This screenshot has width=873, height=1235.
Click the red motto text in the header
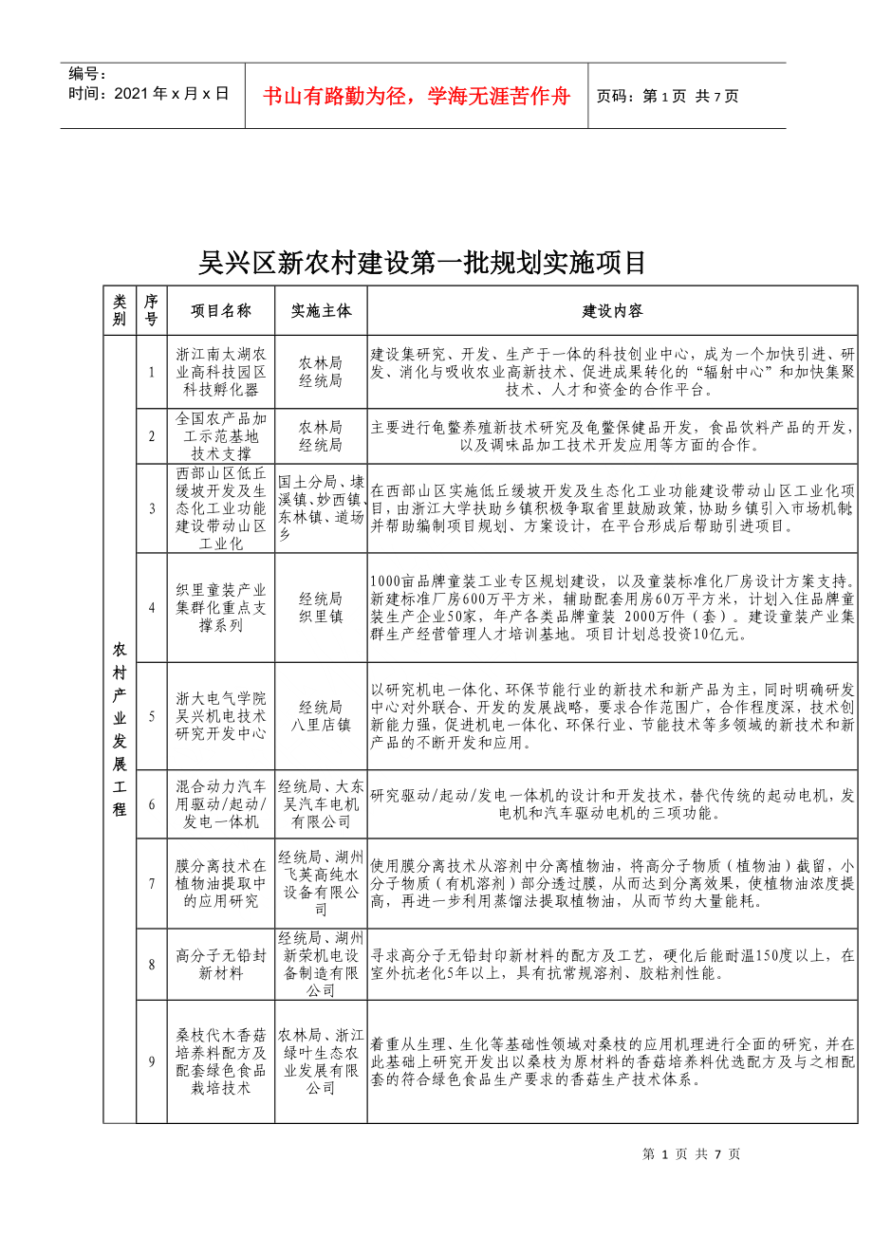[x=416, y=96]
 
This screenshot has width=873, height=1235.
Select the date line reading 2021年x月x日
[x=149, y=94]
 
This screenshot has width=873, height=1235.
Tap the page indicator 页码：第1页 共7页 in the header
[x=667, y=96]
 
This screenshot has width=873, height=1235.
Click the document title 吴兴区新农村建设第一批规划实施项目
[x=422, y=263]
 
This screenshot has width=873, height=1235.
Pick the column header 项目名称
[x=220, y=311]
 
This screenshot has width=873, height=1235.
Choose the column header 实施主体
[x=321, y=311]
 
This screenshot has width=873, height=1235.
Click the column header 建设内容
[x=612, y=311]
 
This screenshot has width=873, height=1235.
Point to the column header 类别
[x=120, y=311]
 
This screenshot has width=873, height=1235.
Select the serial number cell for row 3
[x=152, y=508]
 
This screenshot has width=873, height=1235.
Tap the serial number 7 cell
[x=152, y=883]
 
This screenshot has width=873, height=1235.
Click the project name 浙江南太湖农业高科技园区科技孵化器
[x=220, y=372]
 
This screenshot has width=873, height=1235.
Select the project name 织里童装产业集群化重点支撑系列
[x=220, y=607]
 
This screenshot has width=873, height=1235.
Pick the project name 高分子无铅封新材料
[x=220, y=964]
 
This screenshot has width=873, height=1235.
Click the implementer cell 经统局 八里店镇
[x=321, y=715]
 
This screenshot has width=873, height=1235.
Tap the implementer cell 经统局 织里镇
[x=321, y=607]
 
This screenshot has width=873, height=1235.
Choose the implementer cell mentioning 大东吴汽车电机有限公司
[x=321, y=803]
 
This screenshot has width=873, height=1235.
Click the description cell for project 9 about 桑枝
[x=612, y=1061]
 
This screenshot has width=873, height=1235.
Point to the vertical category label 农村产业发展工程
[x=120, y=728]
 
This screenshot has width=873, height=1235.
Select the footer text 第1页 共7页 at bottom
[x=691, y=1154]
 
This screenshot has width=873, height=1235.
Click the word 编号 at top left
[x=87, y=74]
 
